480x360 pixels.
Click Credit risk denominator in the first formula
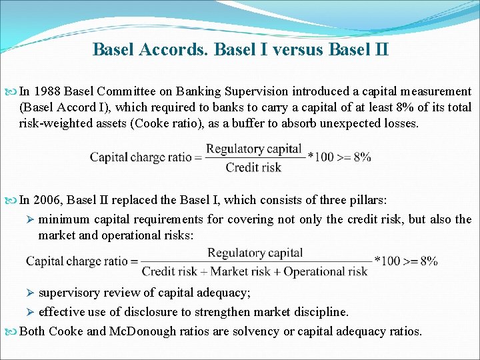253,167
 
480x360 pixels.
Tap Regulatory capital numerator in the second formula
255,253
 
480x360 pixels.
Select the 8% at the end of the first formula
362,157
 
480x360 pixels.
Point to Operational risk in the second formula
326,271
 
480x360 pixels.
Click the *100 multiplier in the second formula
386,261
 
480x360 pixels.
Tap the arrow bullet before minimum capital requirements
30,219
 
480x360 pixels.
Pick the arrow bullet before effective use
30,312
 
